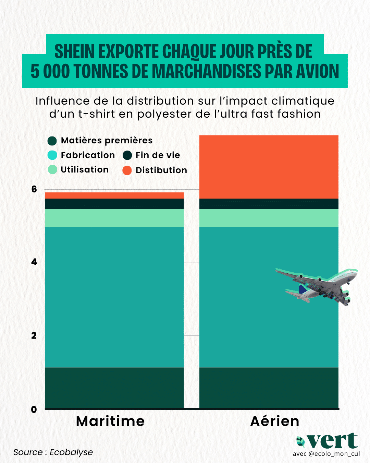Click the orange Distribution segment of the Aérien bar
click(x=269, y=167)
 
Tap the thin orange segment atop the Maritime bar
click(x=114, y=195)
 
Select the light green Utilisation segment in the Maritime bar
click(x=114, y=218)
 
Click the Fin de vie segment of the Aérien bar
click(x=269, y=204)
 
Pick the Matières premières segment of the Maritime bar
click(x=114, y=388)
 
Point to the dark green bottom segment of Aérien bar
click(x=269, y=388)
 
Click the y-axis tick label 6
click(x=34, y=189)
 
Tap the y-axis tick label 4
click(x=34, y=262)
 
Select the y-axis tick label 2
click(x=34, y=336)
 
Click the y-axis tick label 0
click(x=34, y=409)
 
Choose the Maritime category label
click(x=110, y=421)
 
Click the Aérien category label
click(x=275, y=421)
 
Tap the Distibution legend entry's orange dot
click(x=127, y=170)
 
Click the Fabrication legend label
click(x=88, y=155)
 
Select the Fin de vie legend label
click(x=158, y=155)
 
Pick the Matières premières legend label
click(x=107, y=140)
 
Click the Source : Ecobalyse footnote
click(x=53, y=452)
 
